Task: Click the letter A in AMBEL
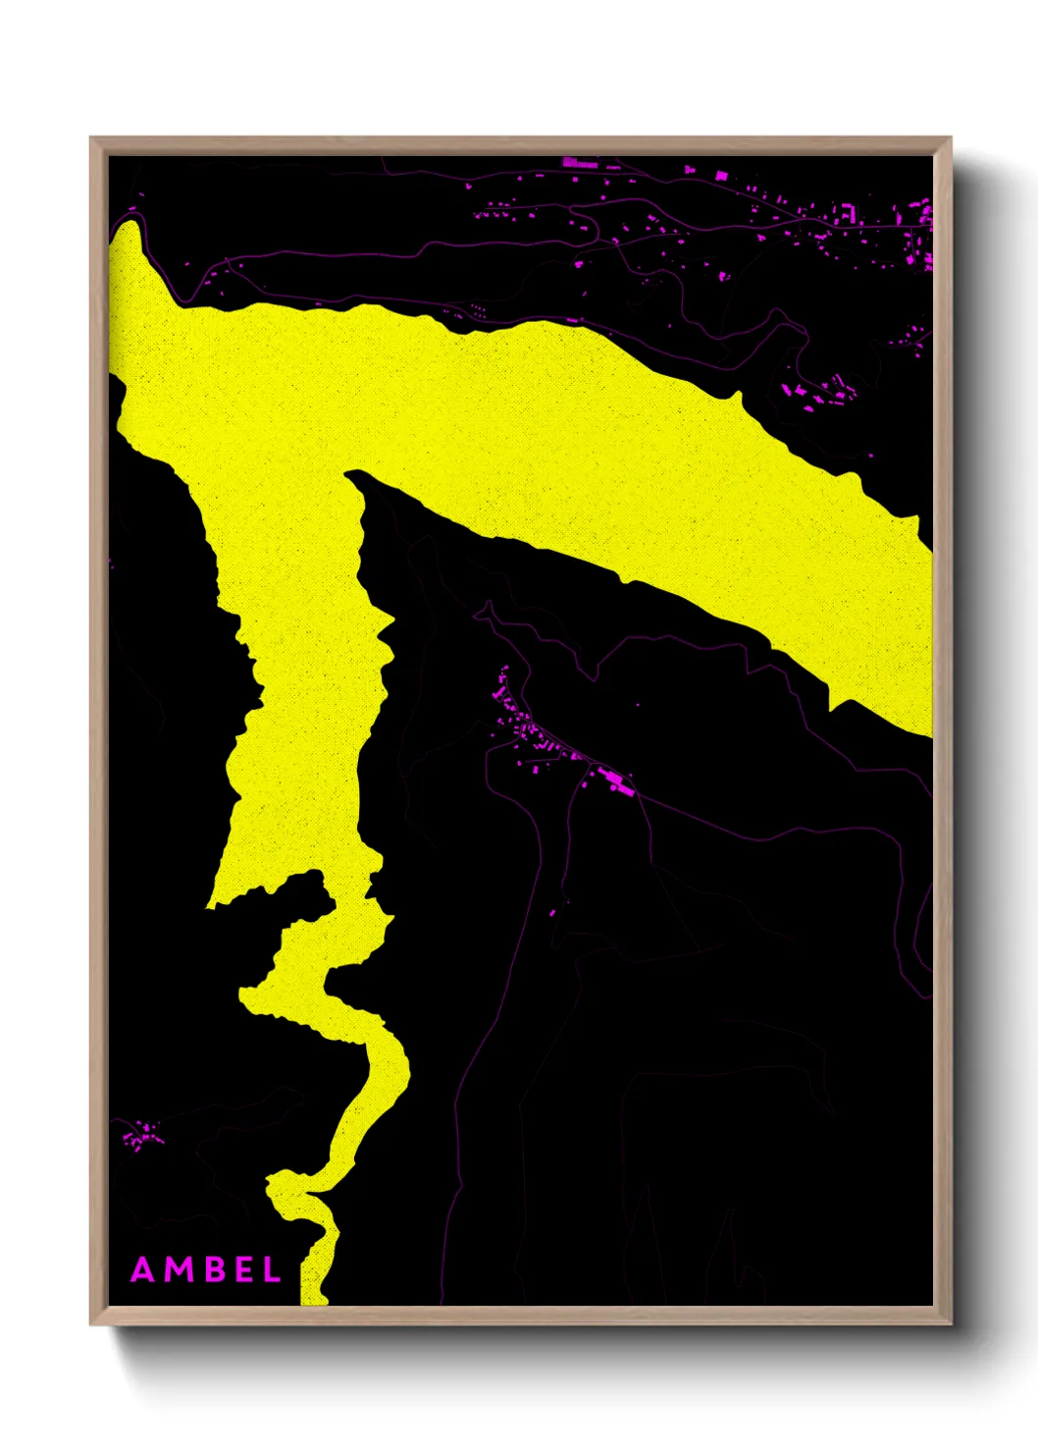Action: [143, 1270]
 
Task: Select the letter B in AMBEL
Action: [212, 1270]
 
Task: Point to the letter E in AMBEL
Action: [241, 1270]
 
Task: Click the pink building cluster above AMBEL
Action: [141, 1137]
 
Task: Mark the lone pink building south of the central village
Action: [552, 913]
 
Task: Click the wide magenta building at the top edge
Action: [580, 163]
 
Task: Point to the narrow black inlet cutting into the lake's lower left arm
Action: [294, 888]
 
